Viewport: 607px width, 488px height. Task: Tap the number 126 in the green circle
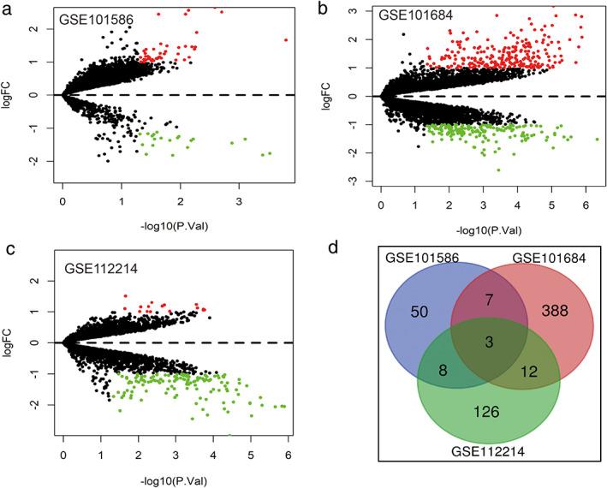485,410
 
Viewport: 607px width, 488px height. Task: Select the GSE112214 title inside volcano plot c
103,267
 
